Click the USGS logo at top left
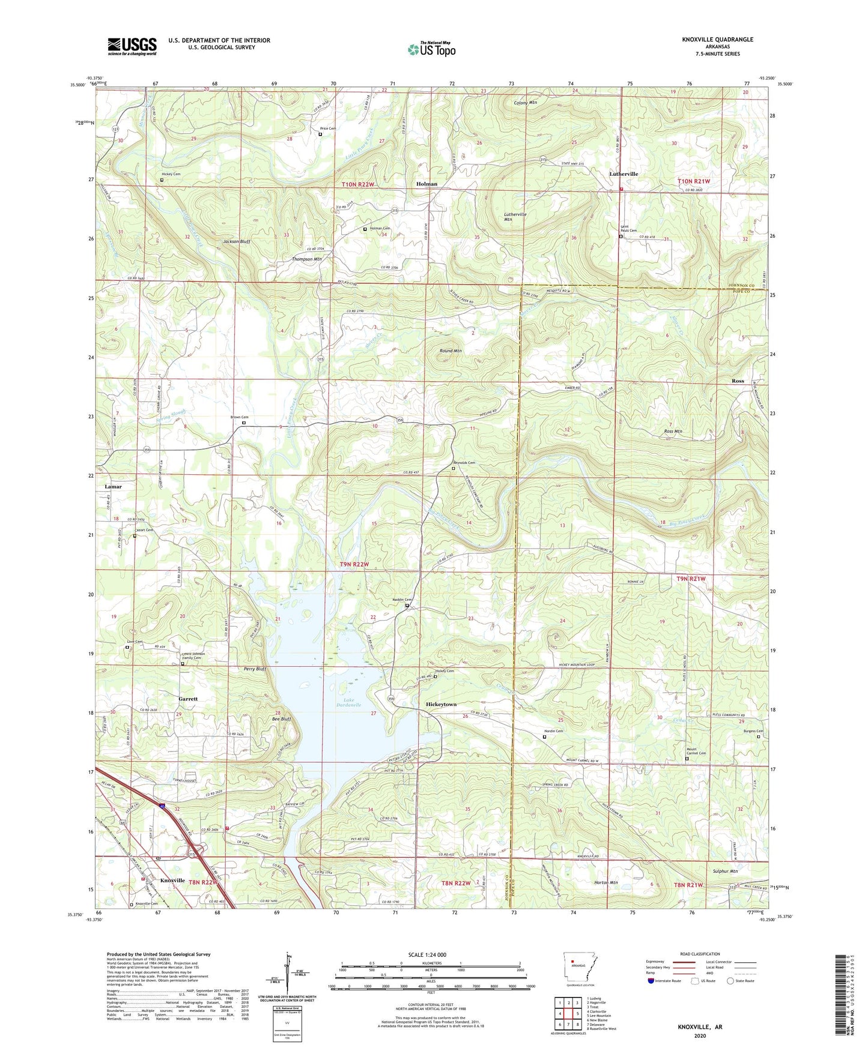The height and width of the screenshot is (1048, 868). point(132,46)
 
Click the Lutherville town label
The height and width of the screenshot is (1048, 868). point(624,173)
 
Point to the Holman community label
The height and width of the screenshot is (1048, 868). point(426,184)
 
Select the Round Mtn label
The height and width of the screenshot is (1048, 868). point(451,351)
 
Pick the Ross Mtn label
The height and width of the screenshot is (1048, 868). point(673,432)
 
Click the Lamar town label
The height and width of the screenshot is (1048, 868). point(113,487)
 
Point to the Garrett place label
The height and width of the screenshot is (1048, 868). point(188,699)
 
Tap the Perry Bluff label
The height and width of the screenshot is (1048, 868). point(255,669)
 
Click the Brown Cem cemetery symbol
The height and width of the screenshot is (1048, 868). point(243,423)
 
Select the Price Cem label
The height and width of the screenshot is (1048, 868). point(327,128)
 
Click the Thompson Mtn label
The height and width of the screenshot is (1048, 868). point(307,259)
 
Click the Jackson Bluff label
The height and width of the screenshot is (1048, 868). point(237,241)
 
